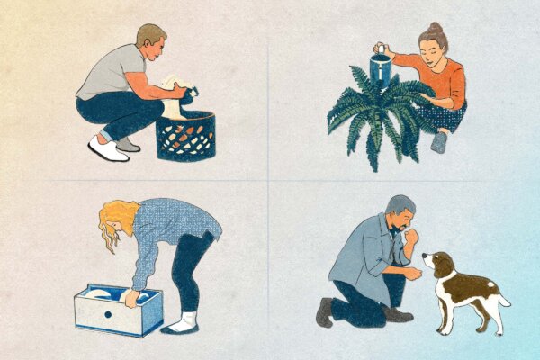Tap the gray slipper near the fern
[x=437, y=142]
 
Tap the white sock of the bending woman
[x=186, y=321]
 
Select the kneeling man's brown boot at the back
[x=325, y=310]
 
